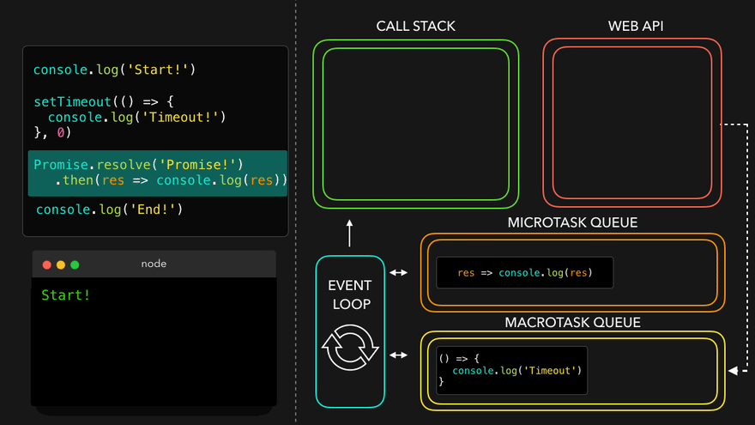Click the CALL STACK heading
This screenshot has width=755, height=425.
coord(415,26)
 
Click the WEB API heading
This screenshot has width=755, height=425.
coord(636,26)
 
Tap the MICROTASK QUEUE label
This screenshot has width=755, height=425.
coord(573,222)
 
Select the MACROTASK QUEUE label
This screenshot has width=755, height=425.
coord(573,323)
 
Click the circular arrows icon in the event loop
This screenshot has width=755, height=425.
coord(350,347)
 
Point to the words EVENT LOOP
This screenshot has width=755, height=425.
coord(350,294)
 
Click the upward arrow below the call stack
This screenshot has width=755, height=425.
coord(350,233)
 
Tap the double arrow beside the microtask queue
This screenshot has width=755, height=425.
coord(399,273)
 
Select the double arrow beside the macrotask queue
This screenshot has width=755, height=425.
coord(399,355)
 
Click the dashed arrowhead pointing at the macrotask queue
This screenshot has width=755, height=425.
coord(733,371)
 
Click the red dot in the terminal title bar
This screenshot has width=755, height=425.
coord(47,264)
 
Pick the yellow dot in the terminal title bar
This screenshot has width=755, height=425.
coord(61,264)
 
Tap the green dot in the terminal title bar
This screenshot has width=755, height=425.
coord(75,264)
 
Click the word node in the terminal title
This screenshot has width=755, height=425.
coord(154,264)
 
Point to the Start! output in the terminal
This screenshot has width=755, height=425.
coord(65,295)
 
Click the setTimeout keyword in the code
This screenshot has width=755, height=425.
coord(72,101)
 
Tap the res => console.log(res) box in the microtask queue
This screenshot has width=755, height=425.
coord(525,273)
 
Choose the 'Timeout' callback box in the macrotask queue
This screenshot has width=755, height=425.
coord(511,370)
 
